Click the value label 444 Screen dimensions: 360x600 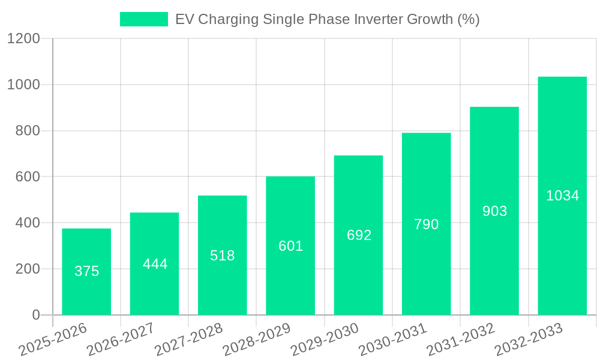155,264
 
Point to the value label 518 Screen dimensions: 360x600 223,256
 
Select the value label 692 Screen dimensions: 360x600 359,235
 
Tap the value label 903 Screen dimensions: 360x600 494,211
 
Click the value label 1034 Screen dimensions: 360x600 562,196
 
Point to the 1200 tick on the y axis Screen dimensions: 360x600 23,39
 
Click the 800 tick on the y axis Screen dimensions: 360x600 28,131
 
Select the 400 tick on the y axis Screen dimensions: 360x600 28,223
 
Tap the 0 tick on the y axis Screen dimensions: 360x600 35,315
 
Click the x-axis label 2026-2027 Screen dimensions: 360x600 120,339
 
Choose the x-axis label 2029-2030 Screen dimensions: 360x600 324,339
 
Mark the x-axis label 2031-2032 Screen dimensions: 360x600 460,339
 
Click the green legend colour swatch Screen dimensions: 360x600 144,19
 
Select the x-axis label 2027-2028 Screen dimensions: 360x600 188,339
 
